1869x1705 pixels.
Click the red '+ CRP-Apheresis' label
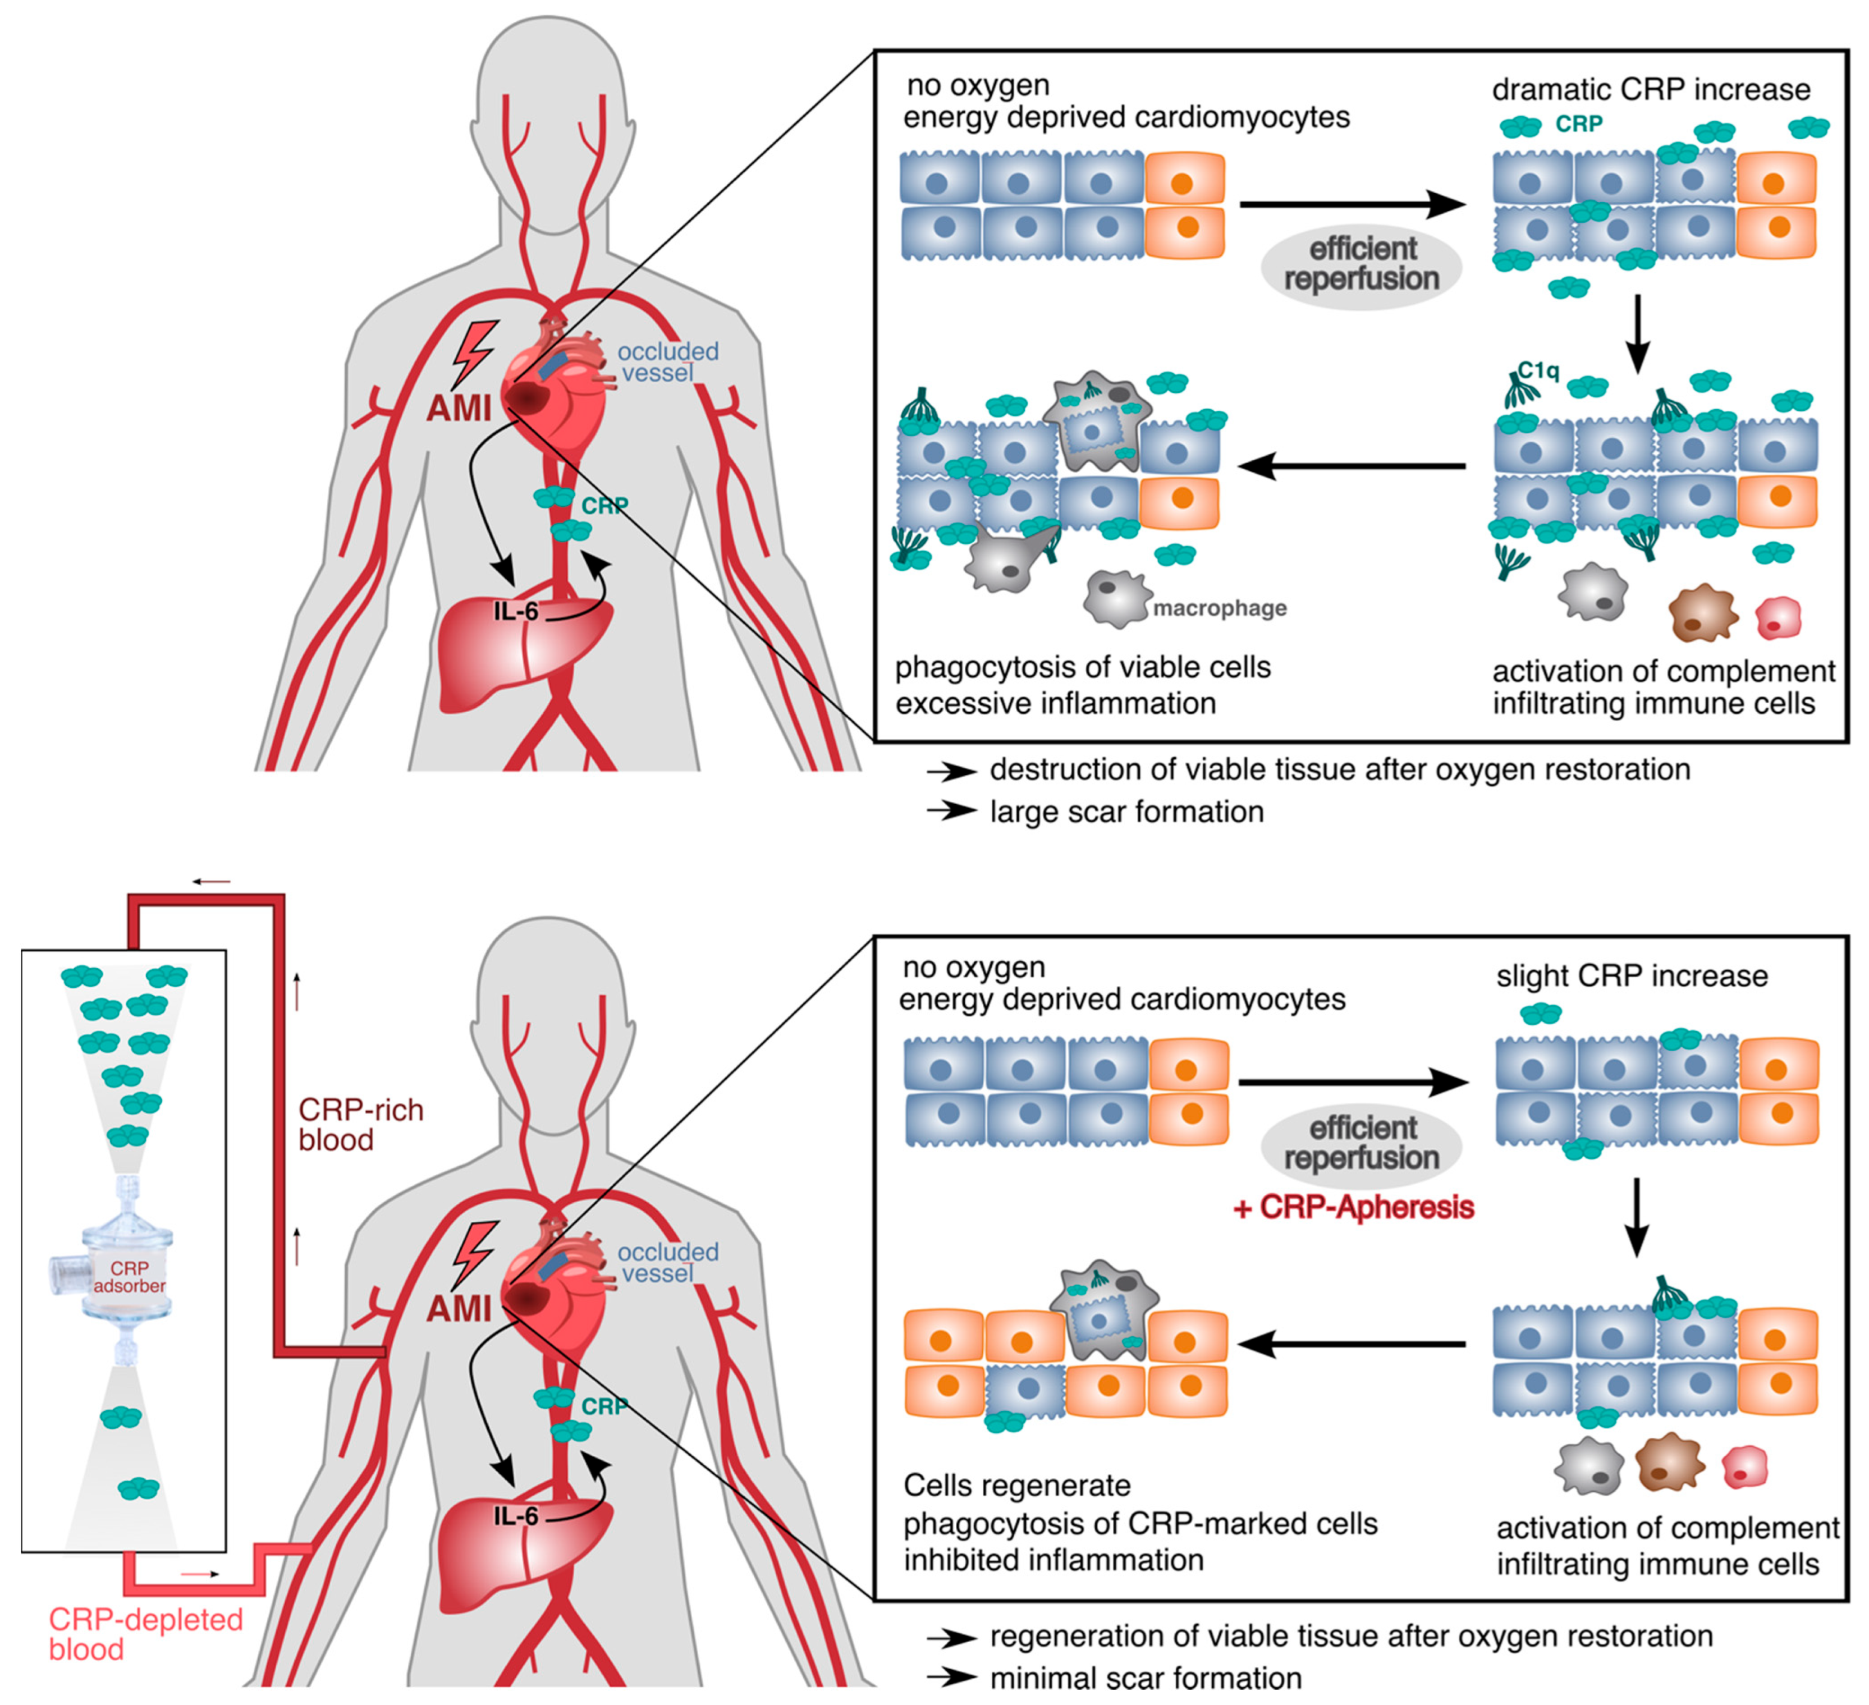(x=1354, y=1207)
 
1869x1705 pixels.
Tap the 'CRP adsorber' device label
(x=129, y=1277)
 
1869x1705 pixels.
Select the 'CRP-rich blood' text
(x=360, y=1125)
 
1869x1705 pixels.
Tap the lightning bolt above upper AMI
(x=475, y=353)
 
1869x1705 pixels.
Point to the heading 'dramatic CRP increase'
(x=1650, y=90)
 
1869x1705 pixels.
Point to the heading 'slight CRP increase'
(x=1632, y=977)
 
